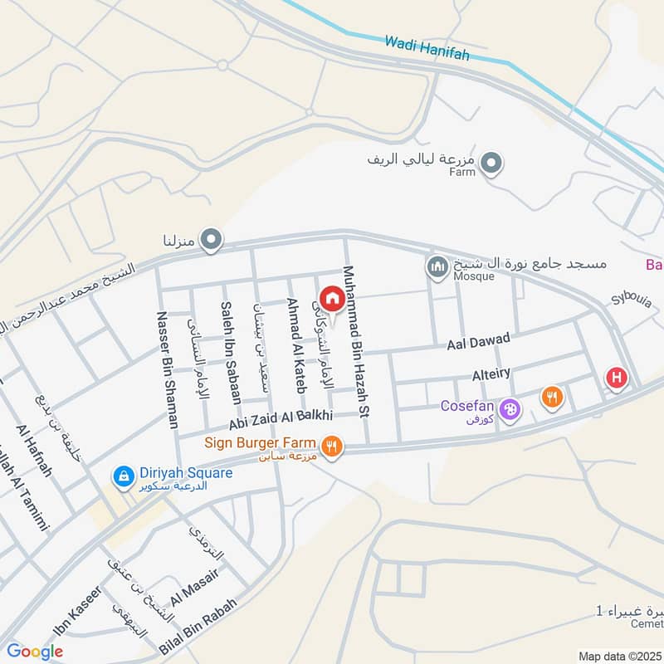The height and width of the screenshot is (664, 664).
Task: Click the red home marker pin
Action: pyautogui.click(x=332, y=298)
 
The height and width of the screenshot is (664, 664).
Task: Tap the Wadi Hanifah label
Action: pyautogui.click(x=427, y=48)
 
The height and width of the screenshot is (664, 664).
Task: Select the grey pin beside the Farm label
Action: pyautogui.click(x=492, y=164)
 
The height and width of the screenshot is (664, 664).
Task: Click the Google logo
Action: pyautogui.click(x=35, y=652)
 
